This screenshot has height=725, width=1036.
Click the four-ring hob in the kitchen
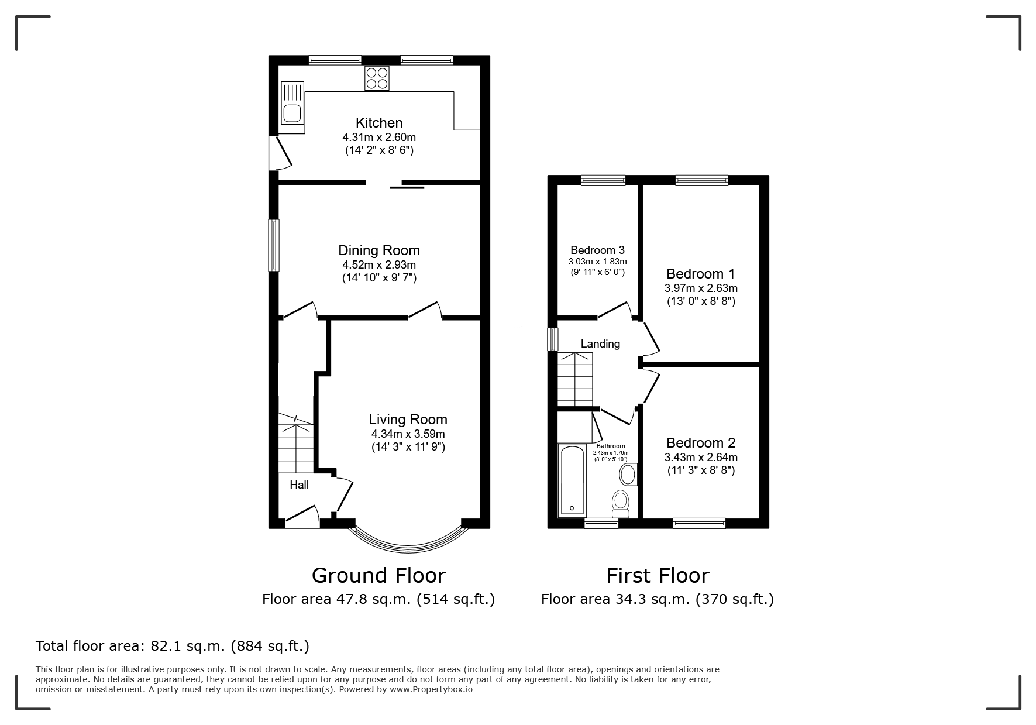tap(377, 78)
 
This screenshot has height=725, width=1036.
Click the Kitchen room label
tap(379, 123)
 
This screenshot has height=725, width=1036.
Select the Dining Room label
tap(379, 250)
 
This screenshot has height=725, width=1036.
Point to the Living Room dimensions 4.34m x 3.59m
tap(408, 434)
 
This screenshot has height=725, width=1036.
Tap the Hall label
tap(300, 485)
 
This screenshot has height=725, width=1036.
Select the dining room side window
tap(274, 245)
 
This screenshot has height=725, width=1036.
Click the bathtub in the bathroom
tap(572, 480)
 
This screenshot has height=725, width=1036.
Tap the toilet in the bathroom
tap(620, 504)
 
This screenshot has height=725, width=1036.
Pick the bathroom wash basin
tap(628, 475)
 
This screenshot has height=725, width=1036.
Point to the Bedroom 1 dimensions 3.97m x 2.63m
tap(701, 288)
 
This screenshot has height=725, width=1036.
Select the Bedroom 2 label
tap(701, 443)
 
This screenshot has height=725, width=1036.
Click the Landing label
tap(600, 344)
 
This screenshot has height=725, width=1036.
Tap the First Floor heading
tap(658, 576)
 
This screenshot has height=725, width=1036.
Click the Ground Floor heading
tap(378, 576)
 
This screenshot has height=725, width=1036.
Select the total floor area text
tap(173, 646)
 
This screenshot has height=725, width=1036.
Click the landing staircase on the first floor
tap(576, 380)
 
